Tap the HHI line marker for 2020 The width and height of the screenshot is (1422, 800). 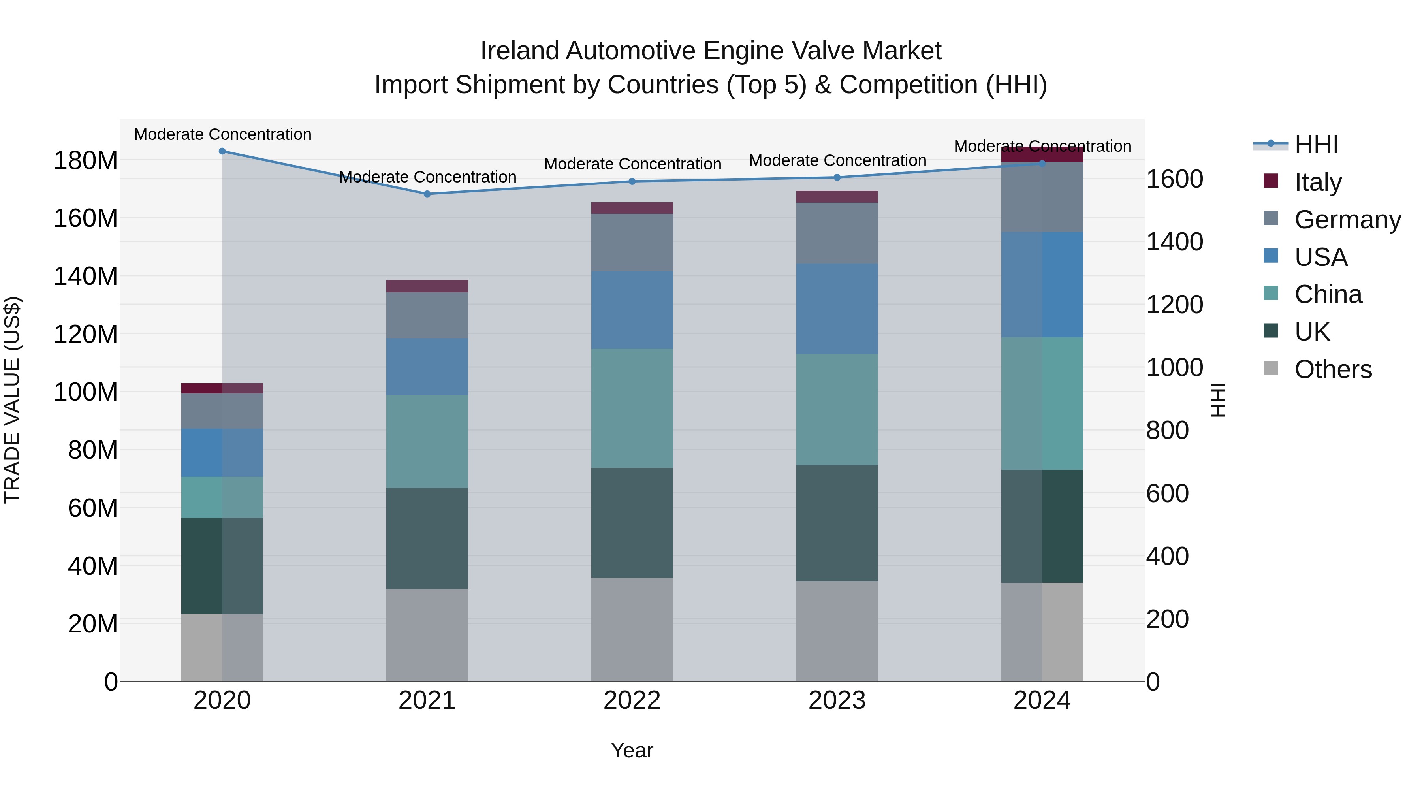(x=222, y=151)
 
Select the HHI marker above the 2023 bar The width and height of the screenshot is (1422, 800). (x=837, y=177)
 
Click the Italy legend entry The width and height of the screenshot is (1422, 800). (x=1318, y=182)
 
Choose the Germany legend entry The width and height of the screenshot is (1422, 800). (x=1347, y=220)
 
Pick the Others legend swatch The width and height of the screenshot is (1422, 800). (x=1271, y=368)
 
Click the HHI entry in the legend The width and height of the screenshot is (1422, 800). (x=1315, y=145)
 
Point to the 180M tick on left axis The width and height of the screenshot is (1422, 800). (x=86, y=161)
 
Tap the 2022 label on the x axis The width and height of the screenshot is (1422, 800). (x=632, y=700)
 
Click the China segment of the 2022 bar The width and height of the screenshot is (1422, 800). (x=632, y=408)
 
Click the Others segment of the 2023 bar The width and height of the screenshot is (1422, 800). (x=837, y=631)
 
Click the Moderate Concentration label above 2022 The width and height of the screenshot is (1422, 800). (x=633, y=164)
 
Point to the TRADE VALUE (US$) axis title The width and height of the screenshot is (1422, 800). (x=12, y=400)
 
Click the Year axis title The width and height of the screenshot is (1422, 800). (x=632, y=750)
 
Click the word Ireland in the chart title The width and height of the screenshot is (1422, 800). (x=519, y=51)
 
